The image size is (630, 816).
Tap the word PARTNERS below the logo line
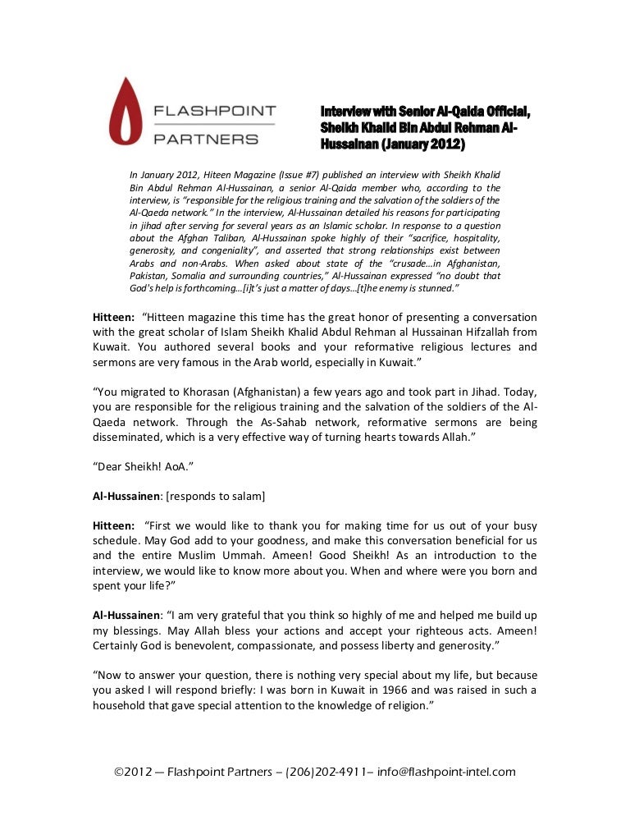pyautogui.click(x=206, y=140)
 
